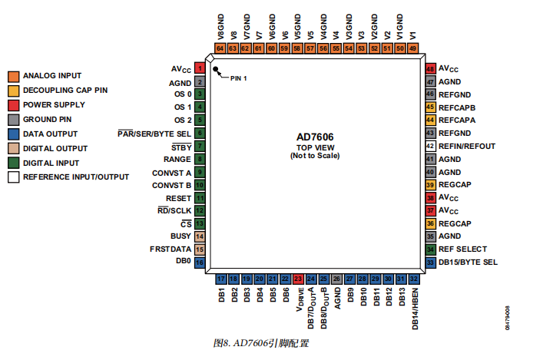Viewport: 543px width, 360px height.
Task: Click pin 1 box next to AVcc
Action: coord(199,68)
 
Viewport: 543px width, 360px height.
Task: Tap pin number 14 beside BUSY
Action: coord(199,236)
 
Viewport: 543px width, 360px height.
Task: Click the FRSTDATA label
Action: coord(171,249)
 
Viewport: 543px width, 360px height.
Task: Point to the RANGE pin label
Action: coord(178,159)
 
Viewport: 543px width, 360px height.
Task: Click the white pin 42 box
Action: coord(431,146)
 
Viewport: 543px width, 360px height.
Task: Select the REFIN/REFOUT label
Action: coord(467,146)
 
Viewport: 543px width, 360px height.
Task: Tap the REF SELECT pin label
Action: coord(462,249)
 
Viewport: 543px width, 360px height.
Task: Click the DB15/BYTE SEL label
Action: coord(468,262)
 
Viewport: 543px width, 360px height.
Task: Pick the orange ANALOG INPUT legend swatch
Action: coord(13,76)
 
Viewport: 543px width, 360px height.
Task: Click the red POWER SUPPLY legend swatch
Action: coord(13,104)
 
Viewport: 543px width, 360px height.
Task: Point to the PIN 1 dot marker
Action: coord(217,70)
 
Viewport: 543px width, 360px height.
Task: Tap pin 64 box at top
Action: coord(220,48)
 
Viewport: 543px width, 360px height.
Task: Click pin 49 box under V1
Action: coord(412,48)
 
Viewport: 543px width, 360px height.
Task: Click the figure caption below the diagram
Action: coord(261,342)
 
